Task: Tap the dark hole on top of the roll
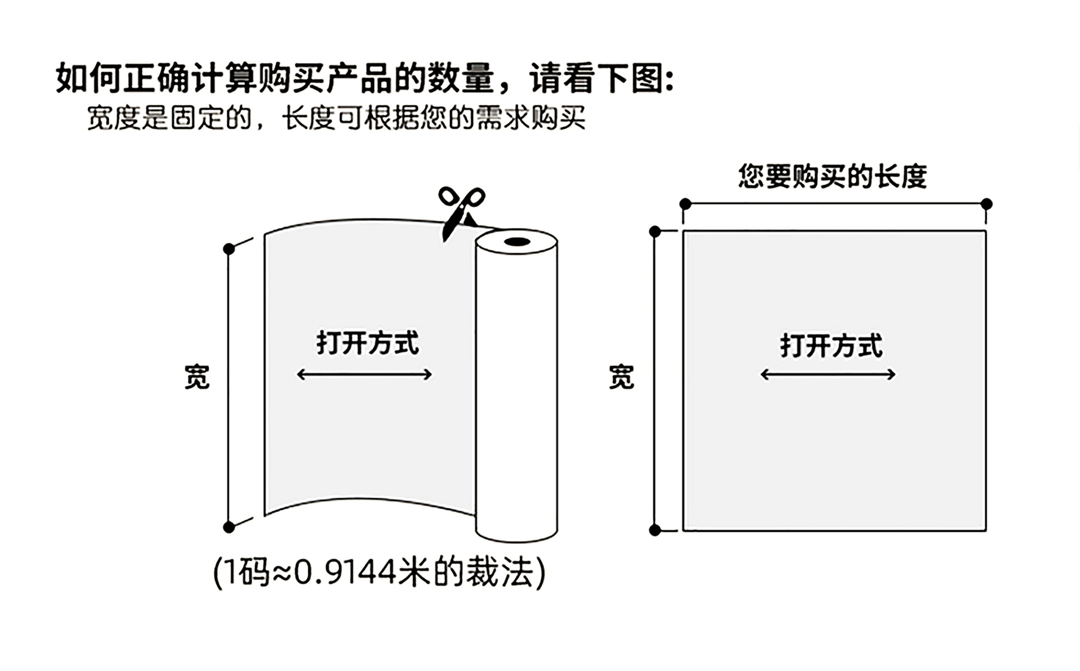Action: pos(516,243)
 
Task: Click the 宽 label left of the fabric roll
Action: pos(197,377)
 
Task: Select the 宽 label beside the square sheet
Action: pos(622,377)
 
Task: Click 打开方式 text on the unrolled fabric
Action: pos(367,343)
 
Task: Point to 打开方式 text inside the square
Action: pos(831,346)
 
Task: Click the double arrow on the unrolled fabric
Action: pos(364,374)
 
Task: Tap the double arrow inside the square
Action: pos(828,374)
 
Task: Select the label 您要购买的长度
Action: pos(832,177)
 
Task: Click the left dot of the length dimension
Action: pos(685,203)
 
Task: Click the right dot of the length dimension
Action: pos(987,203)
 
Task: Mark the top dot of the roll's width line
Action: pos(228,249)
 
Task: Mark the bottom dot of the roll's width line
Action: pos(228,527)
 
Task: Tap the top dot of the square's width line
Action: pos(655,231)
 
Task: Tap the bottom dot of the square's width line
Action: pos(655,530)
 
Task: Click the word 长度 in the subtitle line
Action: pos(309,119)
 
